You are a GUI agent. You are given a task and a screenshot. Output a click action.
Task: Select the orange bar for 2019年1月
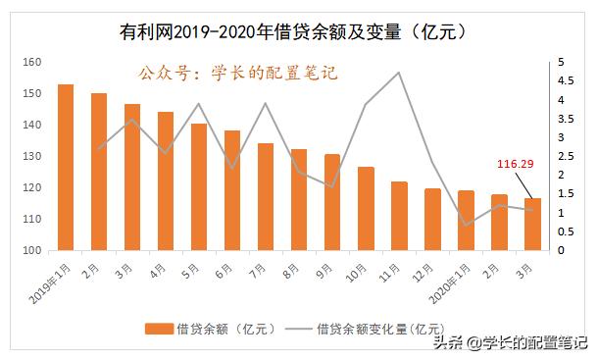pos(66,167)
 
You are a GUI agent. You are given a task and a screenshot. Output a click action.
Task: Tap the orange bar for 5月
pos(199,186)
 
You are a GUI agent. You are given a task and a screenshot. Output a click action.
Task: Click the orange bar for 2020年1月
pos(466,220)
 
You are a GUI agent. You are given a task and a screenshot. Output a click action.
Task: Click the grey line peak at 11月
pos(399,72)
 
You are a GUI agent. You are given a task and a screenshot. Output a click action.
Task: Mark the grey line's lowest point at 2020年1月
pos(466,226)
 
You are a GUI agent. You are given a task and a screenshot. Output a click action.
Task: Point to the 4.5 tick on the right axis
pos(560,80)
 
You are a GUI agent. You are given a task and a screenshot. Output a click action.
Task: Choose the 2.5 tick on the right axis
pos(560,156)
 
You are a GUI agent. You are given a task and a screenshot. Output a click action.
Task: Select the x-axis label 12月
pos(426,267)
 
